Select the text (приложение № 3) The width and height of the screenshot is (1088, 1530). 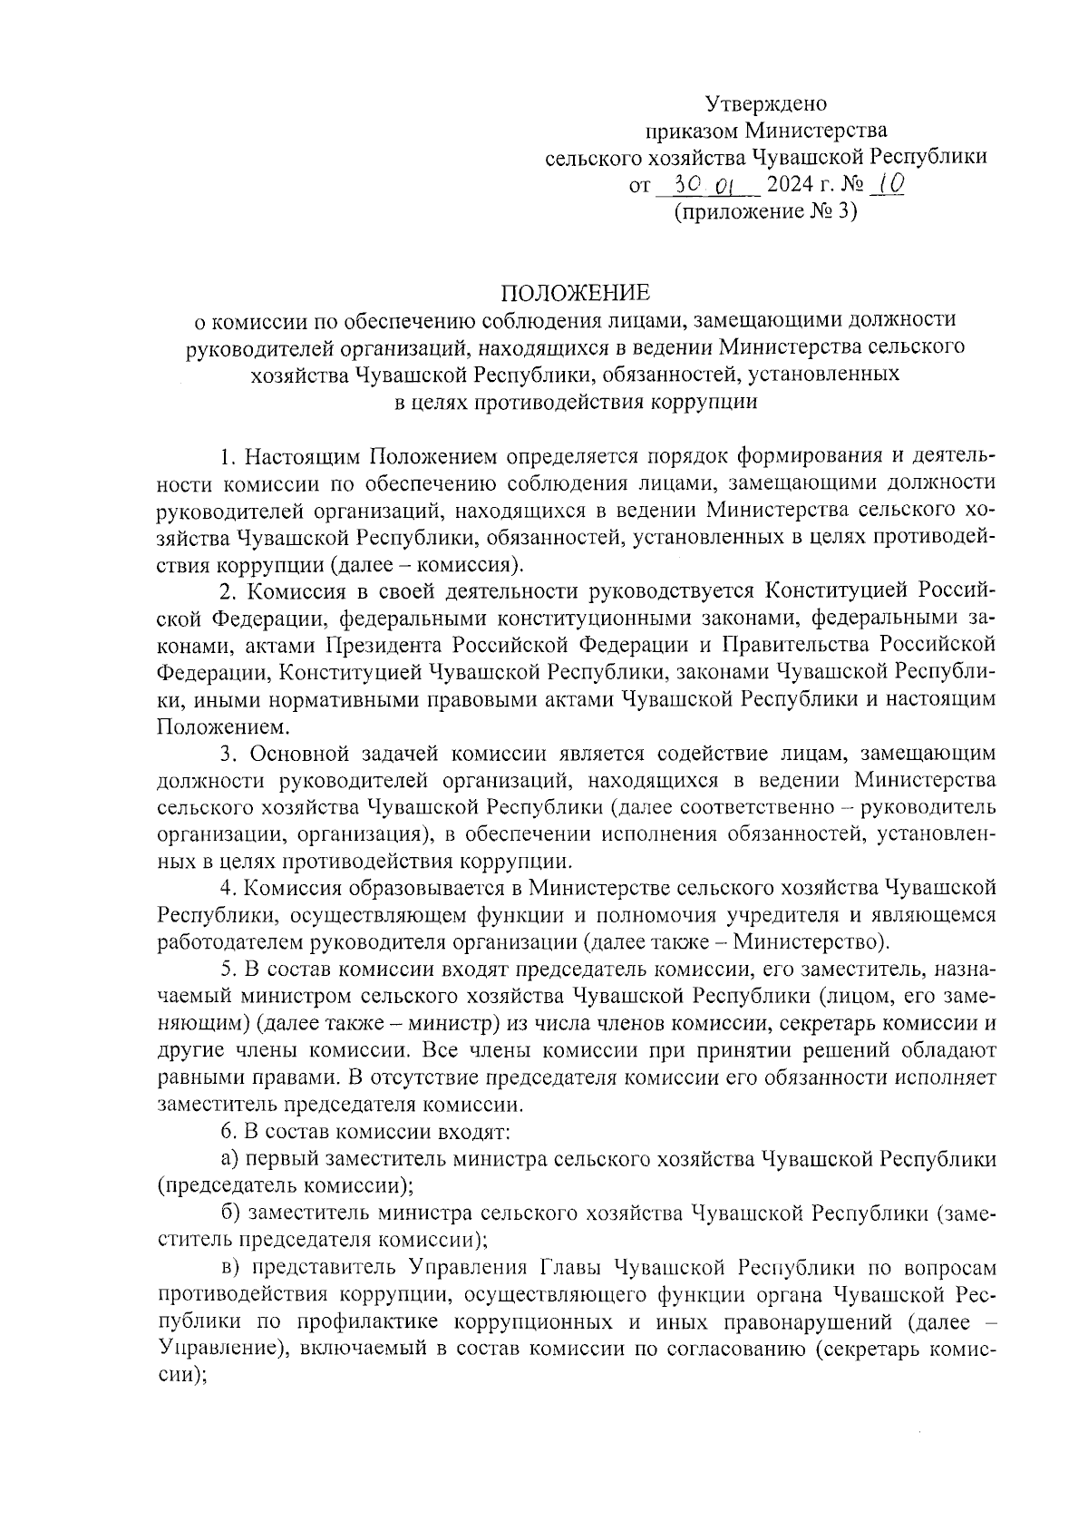[x=765, y=212]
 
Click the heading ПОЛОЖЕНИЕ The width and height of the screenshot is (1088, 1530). [x=577, y=293]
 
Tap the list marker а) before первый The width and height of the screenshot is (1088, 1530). [x=230, y=1159]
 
